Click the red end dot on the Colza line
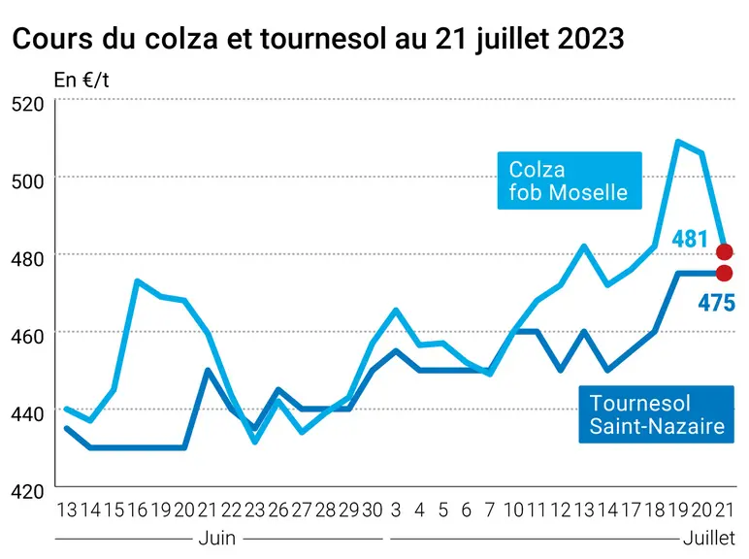[x=724, y=251]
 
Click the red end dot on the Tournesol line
[x=724, y=274]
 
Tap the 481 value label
[x=689, y=239]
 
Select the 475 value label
[x=717, y=303]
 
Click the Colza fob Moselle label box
[x=570, y=181]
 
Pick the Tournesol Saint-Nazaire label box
[x=656, y=414]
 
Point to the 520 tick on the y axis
[x=27, y=104]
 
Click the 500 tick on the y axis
[x=27, y=181]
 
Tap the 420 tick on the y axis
[x=27, y=491]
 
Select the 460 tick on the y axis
[x=27, y=337]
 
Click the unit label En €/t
[x=81, y=81]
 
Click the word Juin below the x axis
[x=217, y=539]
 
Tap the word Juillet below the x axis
[x=709, y=539]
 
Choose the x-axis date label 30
[x=373, y=510]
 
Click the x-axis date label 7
[x=489, y=510]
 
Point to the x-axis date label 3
[x=396, y=510]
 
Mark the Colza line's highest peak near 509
[x=678, y=141]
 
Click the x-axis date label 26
[x=278, y=510]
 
